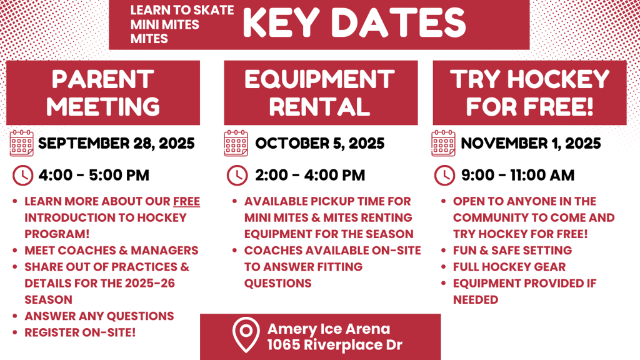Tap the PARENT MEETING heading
(103, 93)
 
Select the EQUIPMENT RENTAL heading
(319, 93)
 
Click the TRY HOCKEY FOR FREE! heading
(530, 93)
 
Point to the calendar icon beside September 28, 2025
(22, 143)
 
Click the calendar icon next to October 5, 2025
(236, 143)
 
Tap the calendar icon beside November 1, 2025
(443, 143)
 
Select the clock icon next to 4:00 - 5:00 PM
(23, 176)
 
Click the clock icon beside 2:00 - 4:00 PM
(237, 176)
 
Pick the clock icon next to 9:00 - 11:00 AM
(444, 176)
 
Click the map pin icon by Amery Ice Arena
(246, 335)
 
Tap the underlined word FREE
(186, 202)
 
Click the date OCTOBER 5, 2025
(320, 143)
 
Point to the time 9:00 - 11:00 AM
(518, 176)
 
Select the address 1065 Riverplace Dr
(335, 345)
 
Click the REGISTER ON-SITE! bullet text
(80, 332)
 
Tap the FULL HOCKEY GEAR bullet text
(509, 267)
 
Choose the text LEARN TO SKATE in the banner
(182, 10)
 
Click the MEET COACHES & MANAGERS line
(111, 251)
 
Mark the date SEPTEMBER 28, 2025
(116, 143)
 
